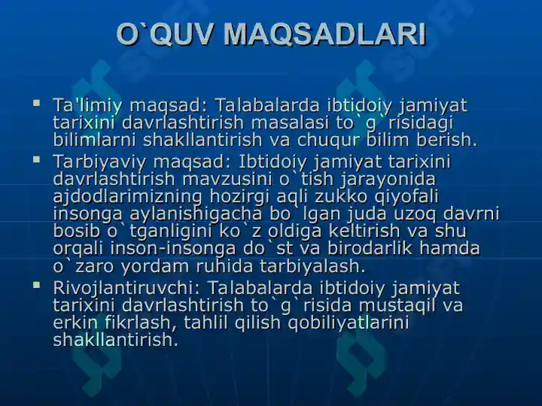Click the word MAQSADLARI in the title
pos(324,35)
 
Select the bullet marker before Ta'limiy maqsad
pos(36,102)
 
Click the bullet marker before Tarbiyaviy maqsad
pos(36,159)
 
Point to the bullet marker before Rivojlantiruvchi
pos(36,285)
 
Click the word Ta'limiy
pos(87,106)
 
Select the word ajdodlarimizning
pos(127,197)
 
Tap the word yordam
pos(155,266)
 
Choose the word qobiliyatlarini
pos(349,323)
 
